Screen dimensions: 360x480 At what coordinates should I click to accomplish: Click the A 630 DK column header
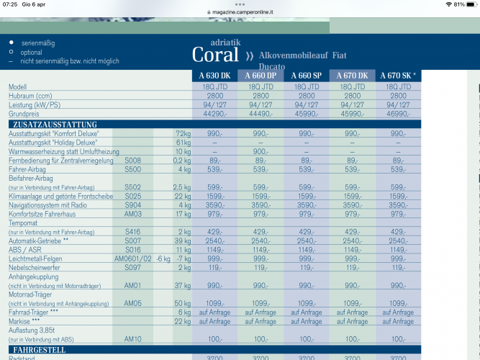click(x=215, y=76)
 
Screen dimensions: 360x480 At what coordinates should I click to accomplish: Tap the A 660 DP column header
click(x=261, y=76)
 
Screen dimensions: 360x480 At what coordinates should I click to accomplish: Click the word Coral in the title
click(x=215, y=55)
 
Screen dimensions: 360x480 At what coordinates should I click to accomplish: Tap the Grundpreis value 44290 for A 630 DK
click(x=215, y=114)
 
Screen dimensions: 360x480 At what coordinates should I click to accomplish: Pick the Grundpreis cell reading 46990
click(x=398, y=114)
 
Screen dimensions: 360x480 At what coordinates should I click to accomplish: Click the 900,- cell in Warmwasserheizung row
click(x=261, y=151)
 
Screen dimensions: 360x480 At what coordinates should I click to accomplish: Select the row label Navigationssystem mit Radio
click(x=49, y=205)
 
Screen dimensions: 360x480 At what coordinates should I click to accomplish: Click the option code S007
click(x=132, y=240)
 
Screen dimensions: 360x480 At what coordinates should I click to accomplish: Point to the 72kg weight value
click(x=182, y=134)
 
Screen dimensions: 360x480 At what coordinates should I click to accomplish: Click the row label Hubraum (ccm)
click(x=30, y=95)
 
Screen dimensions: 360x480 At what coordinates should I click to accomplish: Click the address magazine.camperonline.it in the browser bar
click(x=242, y=12)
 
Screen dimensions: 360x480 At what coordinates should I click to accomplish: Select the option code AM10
click(x=132, y=338)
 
